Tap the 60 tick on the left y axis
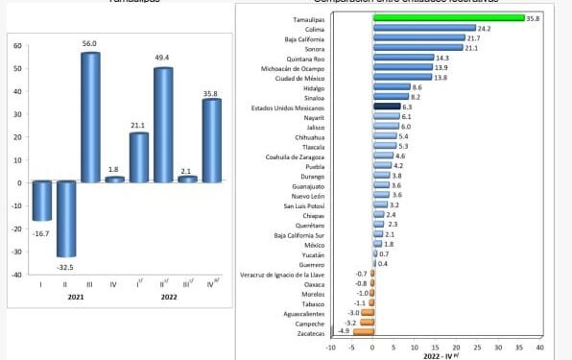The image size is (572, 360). pyautogui.click(x=17, y=46)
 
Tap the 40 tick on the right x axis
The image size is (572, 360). pyautogui.click(x=540, y=348)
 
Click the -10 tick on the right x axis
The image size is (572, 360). pyautogui.click(x=331, y=348)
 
